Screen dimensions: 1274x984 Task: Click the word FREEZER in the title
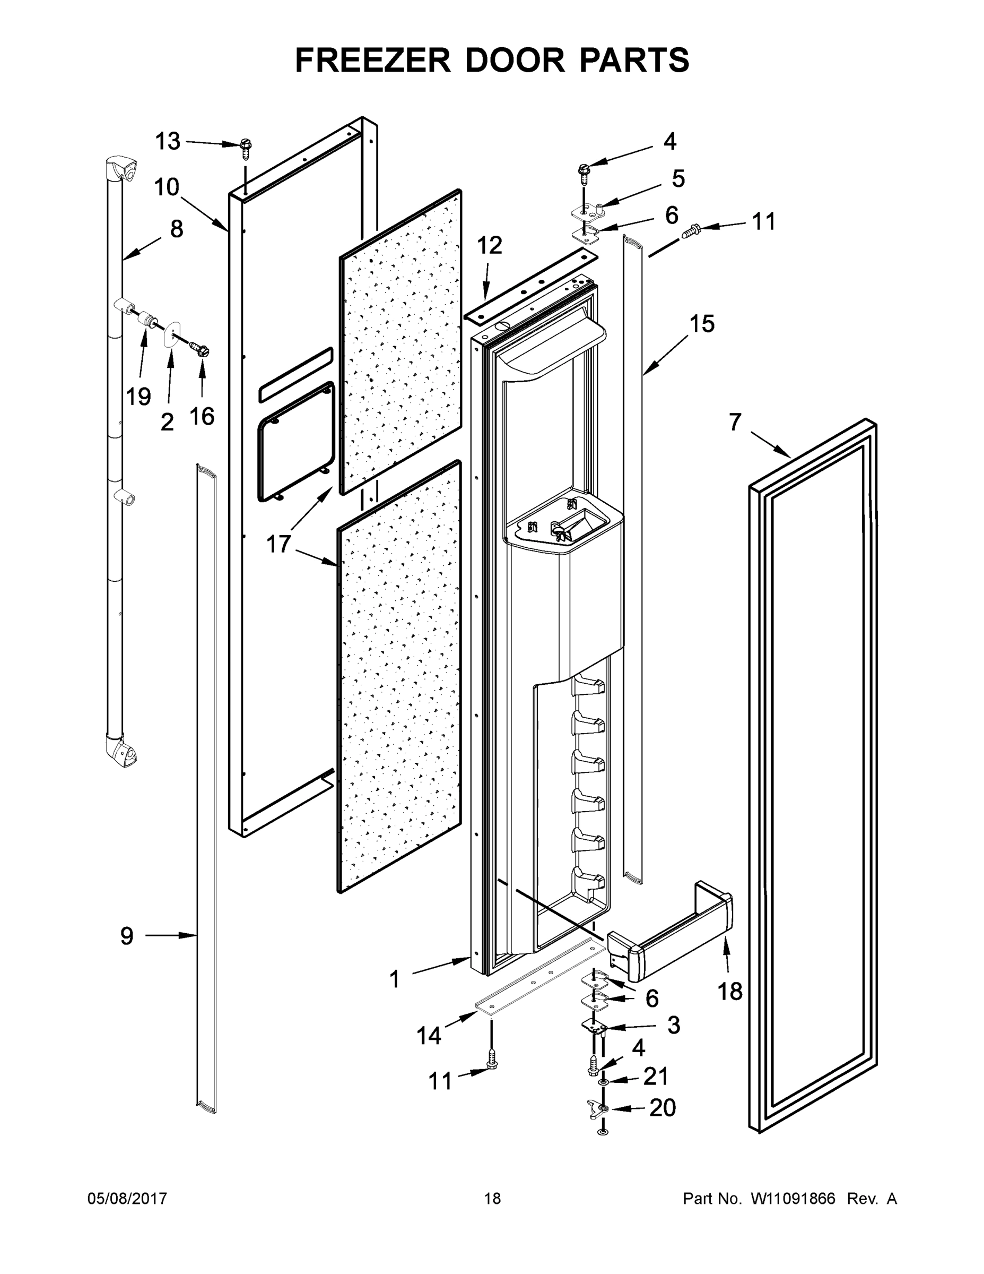point(372,60)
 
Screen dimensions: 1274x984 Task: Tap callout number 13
point(167,141)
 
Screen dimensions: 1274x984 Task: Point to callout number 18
point(730,991)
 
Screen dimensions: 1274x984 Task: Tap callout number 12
point(489,246)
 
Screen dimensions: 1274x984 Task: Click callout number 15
point(702,324)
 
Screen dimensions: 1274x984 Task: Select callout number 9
point(126,936)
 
